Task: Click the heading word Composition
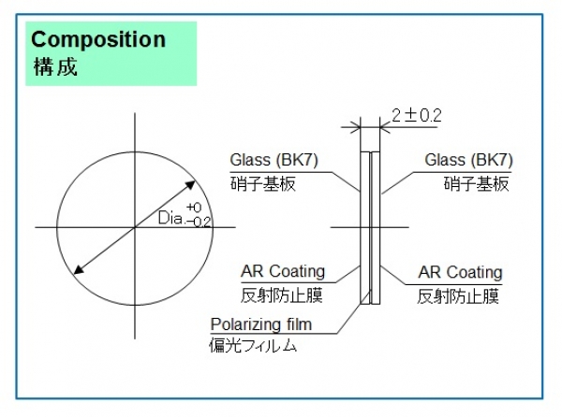[98, 40]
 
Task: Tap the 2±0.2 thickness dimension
[416, 115]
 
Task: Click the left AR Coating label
[283, 272]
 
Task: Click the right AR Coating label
[460, 272]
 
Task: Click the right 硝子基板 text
[476, 183]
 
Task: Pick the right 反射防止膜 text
[458, 295]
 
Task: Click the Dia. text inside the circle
[170, 219]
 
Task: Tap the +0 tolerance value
[194, 208]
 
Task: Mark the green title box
[111, 53]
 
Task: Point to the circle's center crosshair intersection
[135, 225]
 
